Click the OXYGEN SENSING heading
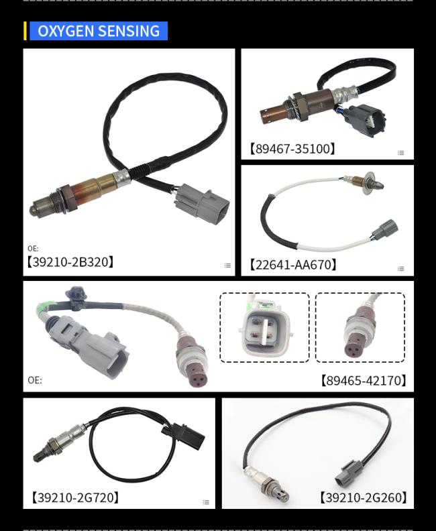[99, 31]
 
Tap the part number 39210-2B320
[70, 261]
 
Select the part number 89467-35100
[292, 149]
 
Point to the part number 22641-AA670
[293, 264]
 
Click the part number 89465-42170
[364, 380]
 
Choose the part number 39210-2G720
[75, 497]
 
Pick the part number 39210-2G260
[364, 497]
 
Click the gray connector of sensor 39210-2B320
[201, 203]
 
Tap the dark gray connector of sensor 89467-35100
[365, 120]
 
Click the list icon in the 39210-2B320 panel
[227, 265]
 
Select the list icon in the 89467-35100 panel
[400, 153]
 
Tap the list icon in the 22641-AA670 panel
[400, 269]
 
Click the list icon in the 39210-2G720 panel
[206, 502]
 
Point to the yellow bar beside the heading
[25, 31]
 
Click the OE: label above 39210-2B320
[33, 248]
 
